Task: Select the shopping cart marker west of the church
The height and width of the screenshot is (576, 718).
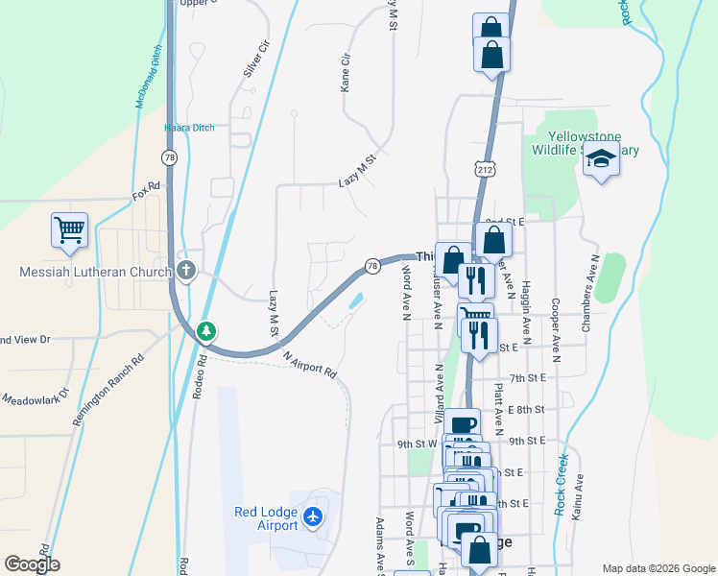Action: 69,231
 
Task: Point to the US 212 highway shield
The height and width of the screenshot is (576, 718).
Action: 483,169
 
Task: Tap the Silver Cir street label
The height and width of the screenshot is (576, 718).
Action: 256,59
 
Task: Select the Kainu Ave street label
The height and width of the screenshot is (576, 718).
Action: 579,500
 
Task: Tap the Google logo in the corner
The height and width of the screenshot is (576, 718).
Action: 32,564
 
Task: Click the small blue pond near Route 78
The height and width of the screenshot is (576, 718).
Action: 355,300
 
